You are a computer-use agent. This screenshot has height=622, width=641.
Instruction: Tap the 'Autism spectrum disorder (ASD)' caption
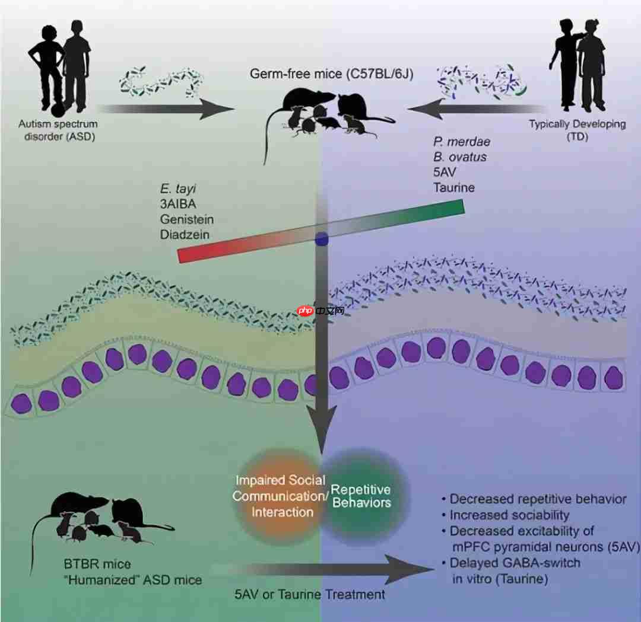tap(58, 129)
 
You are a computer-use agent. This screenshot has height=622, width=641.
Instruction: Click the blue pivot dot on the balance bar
tap(321, 239)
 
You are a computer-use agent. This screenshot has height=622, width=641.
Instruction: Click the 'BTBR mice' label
tap(97, 563)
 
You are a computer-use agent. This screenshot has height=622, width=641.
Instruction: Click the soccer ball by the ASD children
tap(58, 110)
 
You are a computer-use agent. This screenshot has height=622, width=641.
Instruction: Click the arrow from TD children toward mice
tap(475, 109)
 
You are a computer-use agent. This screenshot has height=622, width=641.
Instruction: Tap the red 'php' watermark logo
tap(305, 311)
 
